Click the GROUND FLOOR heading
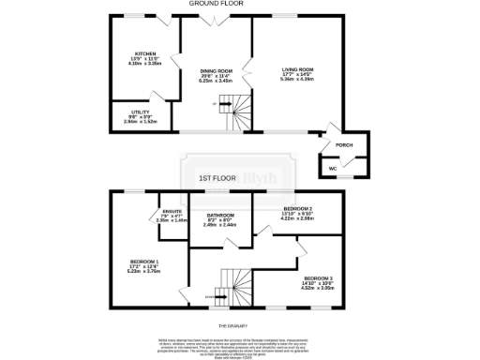click(x=217, y=4)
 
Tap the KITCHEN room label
click(x=144, y=53)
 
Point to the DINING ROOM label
click(x=216, y=70)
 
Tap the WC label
click(x=333, y=169)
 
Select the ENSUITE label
click(x=172, y=212)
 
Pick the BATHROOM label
click(x=222, y=215)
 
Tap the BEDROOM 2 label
click(x=298, y=207)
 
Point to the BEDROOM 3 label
click(x=317, y=278)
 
